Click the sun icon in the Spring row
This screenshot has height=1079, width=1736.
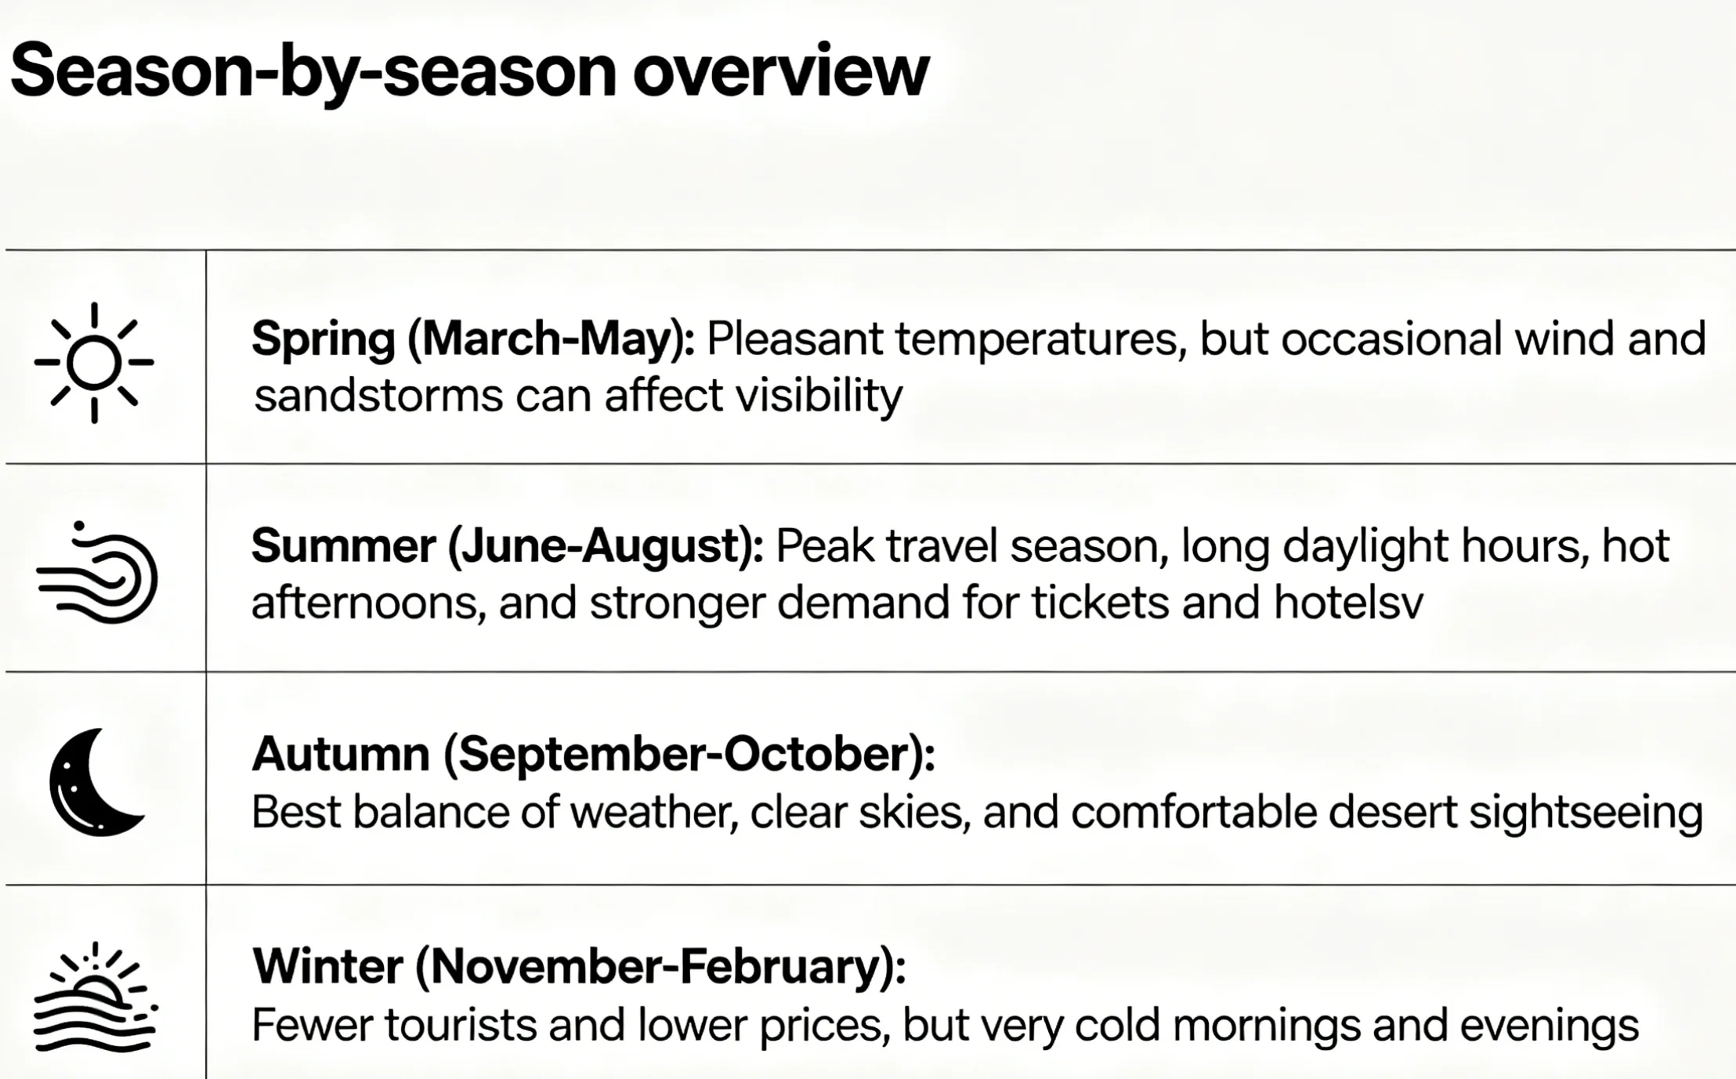point(94,363)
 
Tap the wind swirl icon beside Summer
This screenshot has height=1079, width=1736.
point(97,572)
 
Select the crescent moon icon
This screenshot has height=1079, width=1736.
point(96,782)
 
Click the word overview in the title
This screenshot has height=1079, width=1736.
point(780,71)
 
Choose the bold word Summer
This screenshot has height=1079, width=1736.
point(343,545)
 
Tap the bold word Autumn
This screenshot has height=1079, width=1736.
point(341,754)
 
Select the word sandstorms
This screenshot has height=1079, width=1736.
point(378,396)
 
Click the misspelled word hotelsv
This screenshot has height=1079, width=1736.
point(1348,603)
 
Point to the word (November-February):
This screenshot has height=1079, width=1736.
point(660,967)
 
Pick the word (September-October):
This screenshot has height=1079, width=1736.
point(689,755)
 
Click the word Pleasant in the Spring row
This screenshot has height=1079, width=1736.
point(795,339)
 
